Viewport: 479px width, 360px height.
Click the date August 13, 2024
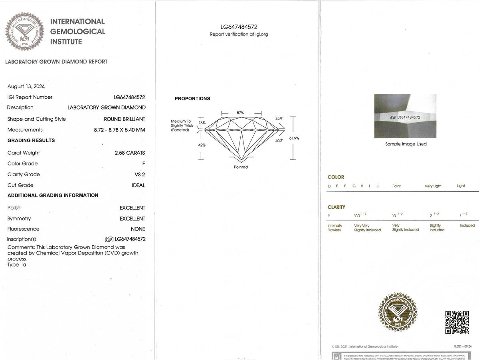tap(26, 86)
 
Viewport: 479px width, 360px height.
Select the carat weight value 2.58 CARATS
tap(130, 153)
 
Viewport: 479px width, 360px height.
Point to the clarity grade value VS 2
tap(140, 174)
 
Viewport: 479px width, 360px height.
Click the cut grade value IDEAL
tap(138, 185)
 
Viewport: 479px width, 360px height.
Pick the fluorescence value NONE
tap(138, 229)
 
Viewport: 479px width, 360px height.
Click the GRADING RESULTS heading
tap(31, 141)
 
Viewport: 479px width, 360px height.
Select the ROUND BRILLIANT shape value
tap(125, 119)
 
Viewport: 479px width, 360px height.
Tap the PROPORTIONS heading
tap(192, 99)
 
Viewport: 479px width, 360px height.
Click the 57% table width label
tap(240, 113)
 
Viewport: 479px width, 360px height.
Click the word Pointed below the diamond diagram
tap(241, 167)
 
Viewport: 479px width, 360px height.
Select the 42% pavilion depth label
tap(202, 145)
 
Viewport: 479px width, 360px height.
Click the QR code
tap(457, 322)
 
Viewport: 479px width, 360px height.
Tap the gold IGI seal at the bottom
tap(396, 311)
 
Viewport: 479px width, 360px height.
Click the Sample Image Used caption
tap(406, 144)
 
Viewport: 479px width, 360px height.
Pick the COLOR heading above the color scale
tap(336, 177)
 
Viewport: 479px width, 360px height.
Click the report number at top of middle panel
tap(239, 27)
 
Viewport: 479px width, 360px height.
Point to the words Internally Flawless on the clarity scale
tap(335, 228)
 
